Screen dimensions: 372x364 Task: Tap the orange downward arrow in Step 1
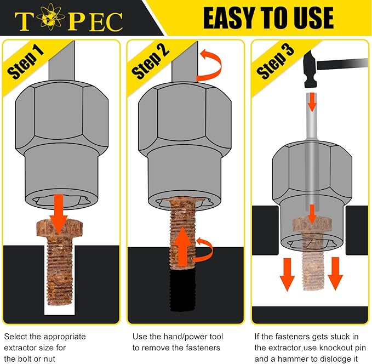(59, 213)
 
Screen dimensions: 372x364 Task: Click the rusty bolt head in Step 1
(60, 228)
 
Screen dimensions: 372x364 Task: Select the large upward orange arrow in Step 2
(182, 247)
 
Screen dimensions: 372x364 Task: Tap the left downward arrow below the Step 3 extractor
(287, 275)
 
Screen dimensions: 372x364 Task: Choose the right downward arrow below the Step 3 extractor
(335, 274)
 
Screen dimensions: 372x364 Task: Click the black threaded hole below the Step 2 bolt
(182, 290)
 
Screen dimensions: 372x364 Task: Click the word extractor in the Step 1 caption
(20, 348)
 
